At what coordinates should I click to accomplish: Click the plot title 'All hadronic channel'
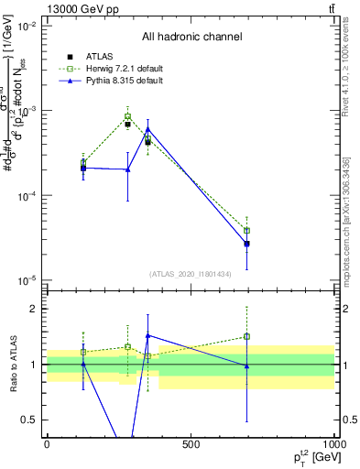point(191,37)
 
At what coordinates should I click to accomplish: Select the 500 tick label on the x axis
point(191,444)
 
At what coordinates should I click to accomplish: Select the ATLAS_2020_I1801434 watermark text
point(191,273)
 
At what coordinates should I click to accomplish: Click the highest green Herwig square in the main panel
point(128,117)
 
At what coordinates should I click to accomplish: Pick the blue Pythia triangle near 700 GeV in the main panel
point(247,245)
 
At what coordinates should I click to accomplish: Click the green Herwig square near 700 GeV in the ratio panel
point(247,336)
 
